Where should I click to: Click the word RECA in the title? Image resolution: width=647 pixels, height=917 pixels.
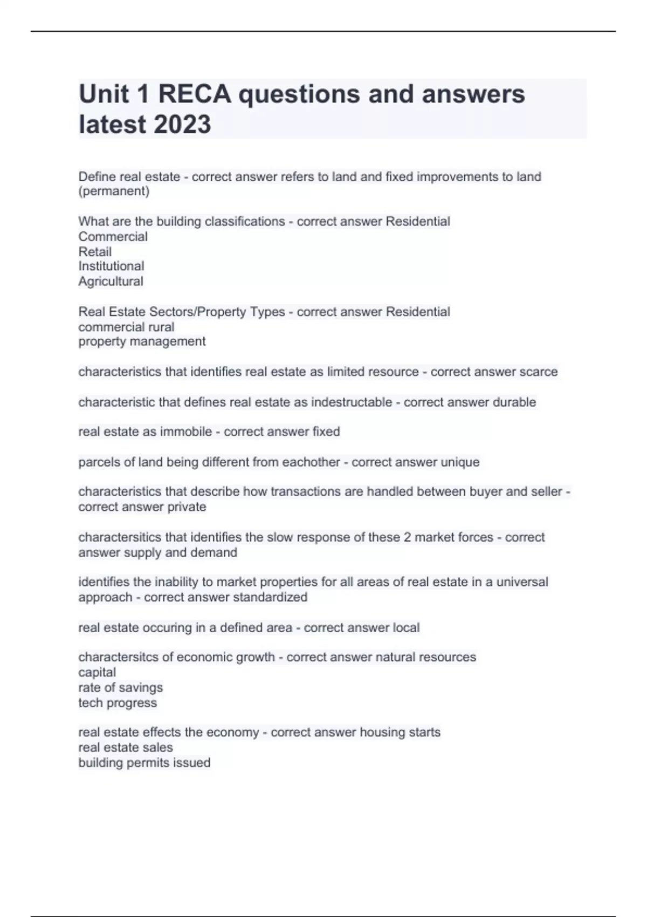pyautogui.click(x=194, y=94)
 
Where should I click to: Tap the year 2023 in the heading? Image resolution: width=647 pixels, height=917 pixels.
pyautogui.click(x=182, y=125)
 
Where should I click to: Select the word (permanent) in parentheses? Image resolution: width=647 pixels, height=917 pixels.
pyautogui.click(x=114, y=191)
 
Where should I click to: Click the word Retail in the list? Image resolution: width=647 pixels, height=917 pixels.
pyautogui.click(x=95, y=252)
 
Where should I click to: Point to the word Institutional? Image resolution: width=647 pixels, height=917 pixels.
pyautogui.click(x=111, y=266)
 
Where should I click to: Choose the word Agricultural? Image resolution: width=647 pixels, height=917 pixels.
pyautogui.click(x=111, y=282)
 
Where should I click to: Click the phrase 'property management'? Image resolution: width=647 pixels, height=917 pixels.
pyautogui.click(x=142, y=341)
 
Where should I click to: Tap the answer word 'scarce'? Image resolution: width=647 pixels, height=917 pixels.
pyautogui.click(x=538, y=372)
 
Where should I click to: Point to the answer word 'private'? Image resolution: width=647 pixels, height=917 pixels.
pyautogui.click(x=187, y=507)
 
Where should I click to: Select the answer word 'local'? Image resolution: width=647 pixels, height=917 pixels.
pyautogui.click(x=406, y=628)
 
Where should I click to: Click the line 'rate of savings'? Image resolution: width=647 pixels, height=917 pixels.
pyautogui.click(x=120, y=688)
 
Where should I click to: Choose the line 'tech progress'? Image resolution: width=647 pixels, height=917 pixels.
pyautogui.click(x=118, y=703)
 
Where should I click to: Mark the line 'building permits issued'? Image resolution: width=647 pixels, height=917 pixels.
pyautogui.click(x=144, y=763)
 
